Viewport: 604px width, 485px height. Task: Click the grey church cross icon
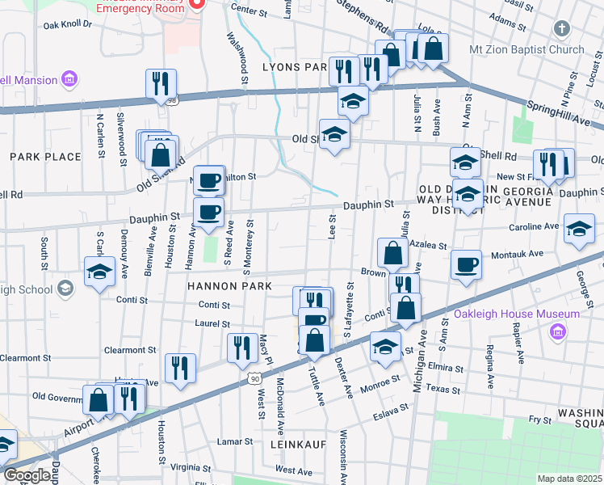(x=562, y=30)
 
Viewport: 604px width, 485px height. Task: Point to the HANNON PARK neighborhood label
(x=219, y=286)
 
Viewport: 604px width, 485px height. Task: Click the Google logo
(x=26, y=475)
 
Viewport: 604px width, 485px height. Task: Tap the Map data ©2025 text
(x=570, y=479)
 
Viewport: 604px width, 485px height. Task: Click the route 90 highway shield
(x=254, y=377)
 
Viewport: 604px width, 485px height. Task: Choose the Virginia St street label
(x=191, y=466)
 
